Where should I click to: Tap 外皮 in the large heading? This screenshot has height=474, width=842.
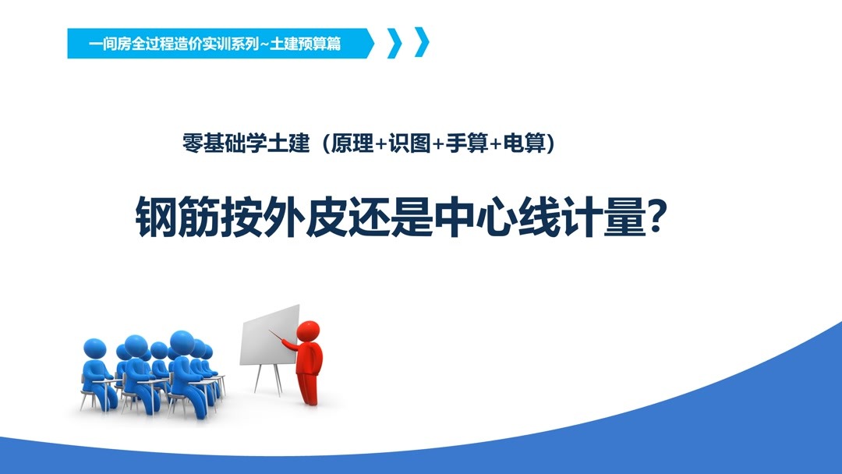309,217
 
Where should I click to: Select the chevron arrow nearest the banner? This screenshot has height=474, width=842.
394,43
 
